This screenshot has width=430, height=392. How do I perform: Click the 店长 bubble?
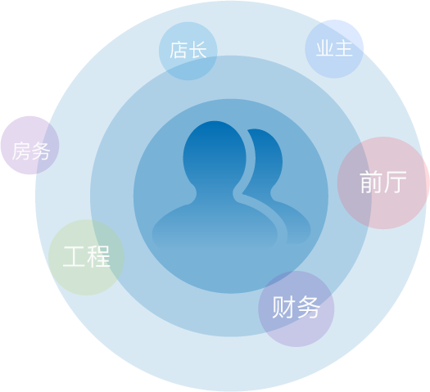188,51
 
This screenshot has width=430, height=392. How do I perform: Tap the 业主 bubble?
334,49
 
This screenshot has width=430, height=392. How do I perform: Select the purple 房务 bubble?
29,145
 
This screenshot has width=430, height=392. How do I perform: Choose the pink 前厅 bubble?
383,182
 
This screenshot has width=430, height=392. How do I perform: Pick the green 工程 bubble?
86,257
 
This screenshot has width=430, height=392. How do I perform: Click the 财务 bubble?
296,309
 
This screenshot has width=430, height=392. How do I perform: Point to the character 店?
179,50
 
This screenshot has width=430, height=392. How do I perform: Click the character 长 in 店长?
198,50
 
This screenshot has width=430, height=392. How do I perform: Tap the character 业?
325,48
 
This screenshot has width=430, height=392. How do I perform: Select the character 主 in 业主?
344,48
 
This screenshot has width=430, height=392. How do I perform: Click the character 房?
21,151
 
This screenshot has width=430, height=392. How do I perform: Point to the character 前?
371,182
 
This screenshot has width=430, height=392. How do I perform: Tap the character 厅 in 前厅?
395,182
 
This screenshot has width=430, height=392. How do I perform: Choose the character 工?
74,256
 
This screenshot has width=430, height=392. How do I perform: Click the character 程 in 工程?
99,256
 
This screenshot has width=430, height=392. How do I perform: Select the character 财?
283,307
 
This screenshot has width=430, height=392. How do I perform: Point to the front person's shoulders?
215,224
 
